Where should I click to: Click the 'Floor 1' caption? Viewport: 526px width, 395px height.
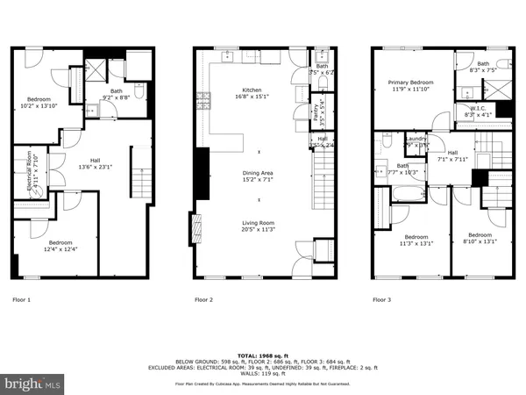[x=21, y=300]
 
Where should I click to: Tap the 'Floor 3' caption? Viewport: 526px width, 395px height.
[x=382, y=300]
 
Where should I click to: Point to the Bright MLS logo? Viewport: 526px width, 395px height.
[x=33, y=384]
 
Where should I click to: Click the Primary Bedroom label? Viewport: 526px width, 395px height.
[x=412, y=85]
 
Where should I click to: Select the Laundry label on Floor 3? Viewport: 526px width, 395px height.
[x=416, y=142]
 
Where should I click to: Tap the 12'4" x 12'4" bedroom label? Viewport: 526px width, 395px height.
[x=60, y=246]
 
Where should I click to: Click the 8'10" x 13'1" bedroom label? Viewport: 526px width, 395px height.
[x=480, y=239]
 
